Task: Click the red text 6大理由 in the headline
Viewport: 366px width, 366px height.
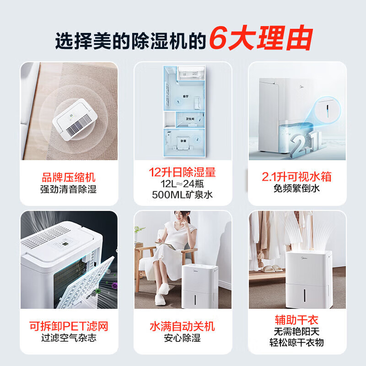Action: pos(261,38)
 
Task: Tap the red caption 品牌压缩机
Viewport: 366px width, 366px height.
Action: pos(68,178)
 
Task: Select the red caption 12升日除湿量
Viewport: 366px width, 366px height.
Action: pos(182,172)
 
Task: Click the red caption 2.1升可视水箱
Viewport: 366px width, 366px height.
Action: pos(296,177)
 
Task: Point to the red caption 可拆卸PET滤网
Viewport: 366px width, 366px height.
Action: pos(69,326)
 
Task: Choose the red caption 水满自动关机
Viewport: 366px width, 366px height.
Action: pos(182,326)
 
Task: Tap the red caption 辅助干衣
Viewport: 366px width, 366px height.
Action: pos(296,320)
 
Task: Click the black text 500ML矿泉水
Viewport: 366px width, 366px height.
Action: pos(182,195)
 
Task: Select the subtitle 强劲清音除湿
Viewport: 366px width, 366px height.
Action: pos(68,189)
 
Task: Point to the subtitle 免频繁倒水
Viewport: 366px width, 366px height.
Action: pos(296,188)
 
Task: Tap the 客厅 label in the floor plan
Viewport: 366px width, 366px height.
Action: pos(186,96)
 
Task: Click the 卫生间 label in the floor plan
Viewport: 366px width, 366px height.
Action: pos(190,119)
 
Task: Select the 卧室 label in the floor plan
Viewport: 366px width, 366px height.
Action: pos(183,141)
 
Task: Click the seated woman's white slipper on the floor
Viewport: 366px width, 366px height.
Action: pos(161,299)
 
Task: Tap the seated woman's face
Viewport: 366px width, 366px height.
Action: pos(180,216)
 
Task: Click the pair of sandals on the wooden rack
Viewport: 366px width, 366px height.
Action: pos(271,269)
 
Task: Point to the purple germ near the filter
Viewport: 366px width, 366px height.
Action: pos(115,285)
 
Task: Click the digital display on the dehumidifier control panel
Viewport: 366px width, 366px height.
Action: pos(65,244)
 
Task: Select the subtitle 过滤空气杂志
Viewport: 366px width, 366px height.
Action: pos(69,338)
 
